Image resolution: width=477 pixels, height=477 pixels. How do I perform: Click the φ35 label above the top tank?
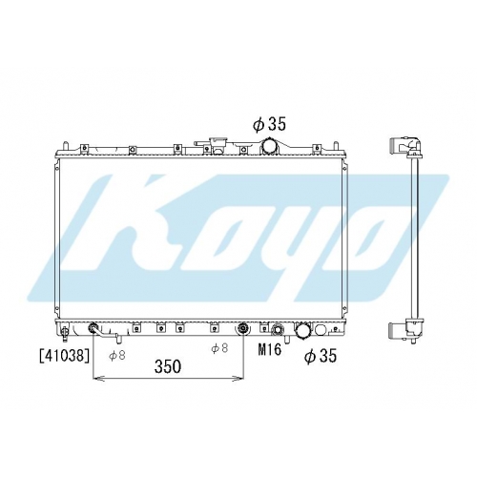point(269,124)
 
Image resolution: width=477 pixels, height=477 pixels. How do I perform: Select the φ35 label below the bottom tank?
point(321,356)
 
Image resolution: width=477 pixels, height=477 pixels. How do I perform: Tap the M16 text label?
point(270,350)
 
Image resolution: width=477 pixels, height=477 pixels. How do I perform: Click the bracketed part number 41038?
point(64,356)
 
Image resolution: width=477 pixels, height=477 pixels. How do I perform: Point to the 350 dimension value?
point(168,366)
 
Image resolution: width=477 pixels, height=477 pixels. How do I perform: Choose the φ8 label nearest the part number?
point(117,355)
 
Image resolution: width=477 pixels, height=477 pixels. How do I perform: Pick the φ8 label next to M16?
point(219,348)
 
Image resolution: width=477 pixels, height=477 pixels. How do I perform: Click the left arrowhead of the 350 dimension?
point(97,379)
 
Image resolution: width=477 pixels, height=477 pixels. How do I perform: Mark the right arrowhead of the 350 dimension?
point(238,379)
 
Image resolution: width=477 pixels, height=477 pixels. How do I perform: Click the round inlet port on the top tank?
point(269,146)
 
